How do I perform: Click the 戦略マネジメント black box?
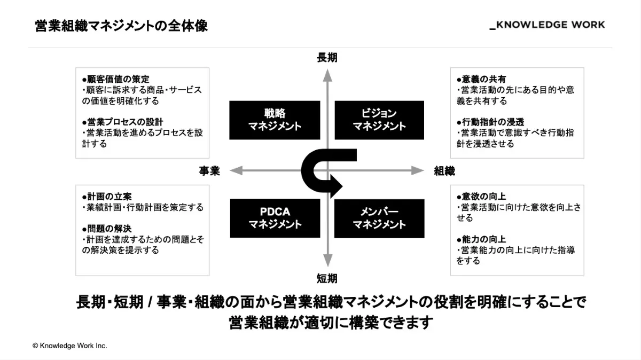point(275,120)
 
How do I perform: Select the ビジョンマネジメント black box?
point(379,120)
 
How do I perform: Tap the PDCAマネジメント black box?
point(275,218)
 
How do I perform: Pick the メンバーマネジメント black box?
point(379,218)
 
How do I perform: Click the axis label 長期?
point(327,58)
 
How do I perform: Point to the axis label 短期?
point(327,278)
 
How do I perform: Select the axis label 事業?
point(209,171)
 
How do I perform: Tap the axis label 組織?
point(444,171)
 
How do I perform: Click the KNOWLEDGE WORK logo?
point(548,25)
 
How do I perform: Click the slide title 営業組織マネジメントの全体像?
point(121,26)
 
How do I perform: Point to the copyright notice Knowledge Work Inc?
point(70,346)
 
